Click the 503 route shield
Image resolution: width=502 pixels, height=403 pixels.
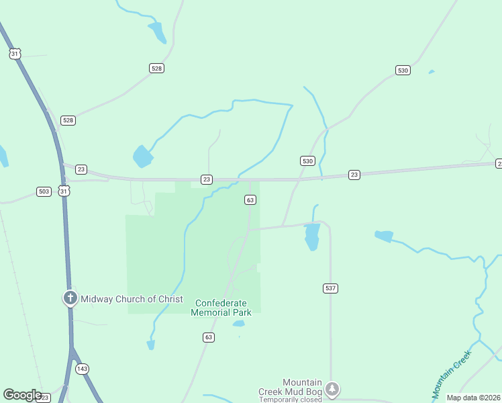(x=44, y=191)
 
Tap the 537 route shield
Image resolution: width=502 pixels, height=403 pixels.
(x=330, y=288)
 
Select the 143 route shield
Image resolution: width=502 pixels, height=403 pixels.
(x=83, y=369)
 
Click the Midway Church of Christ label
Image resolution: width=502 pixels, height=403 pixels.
(x=132, y=299)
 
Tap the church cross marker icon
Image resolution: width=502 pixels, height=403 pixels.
(x=70, y=298)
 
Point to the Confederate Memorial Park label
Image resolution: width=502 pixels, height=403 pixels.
(x=221, y=308)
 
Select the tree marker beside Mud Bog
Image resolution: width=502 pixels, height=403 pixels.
(x=332, y=388)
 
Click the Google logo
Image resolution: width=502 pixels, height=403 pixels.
(x=23, y=395)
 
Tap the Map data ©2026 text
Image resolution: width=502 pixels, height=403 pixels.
(x=474, y=398)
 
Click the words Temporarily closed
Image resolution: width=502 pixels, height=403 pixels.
(x=291, y=400)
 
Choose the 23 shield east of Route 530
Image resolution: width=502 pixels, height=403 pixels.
(x=354, y=175)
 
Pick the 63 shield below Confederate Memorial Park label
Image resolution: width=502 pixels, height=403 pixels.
(x=209, y=337)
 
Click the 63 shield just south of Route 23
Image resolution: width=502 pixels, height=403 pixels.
(x=250, y=200)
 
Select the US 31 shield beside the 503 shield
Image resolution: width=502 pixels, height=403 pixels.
(x=64, y=191)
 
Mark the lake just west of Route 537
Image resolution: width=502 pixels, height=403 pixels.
(x=312, y=236)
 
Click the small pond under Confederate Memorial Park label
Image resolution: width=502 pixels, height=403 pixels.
(x=238, y=324)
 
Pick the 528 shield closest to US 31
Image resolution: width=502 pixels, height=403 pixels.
(x=68, y=120)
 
